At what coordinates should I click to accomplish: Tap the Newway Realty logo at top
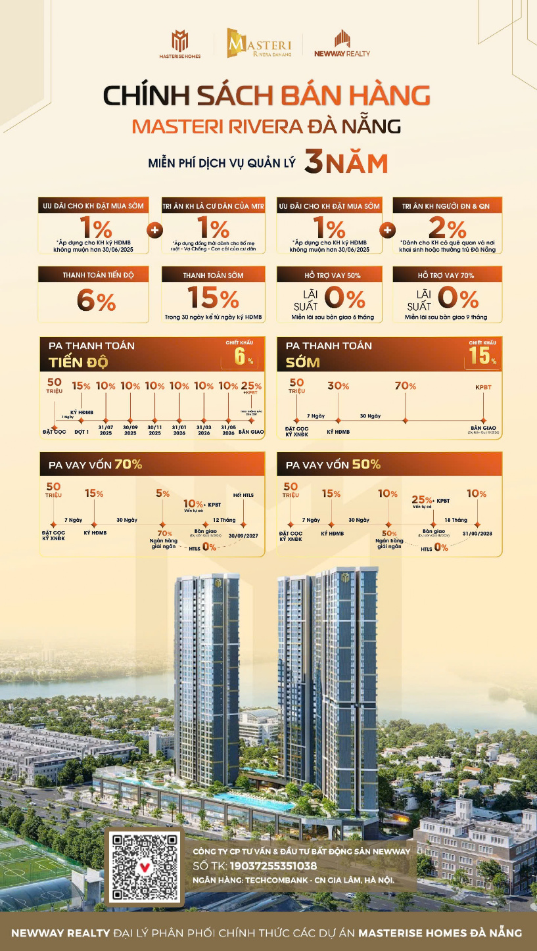(342, 43)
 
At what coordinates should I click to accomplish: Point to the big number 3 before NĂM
(317, 163)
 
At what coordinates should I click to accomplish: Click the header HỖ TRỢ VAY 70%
(447, 275)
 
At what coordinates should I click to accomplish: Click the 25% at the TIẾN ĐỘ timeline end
(250, 386)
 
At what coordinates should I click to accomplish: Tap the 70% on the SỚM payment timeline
(405, 386)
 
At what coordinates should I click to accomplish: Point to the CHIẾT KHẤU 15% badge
(483, 354)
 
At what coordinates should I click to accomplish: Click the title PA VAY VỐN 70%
(95, 464)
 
